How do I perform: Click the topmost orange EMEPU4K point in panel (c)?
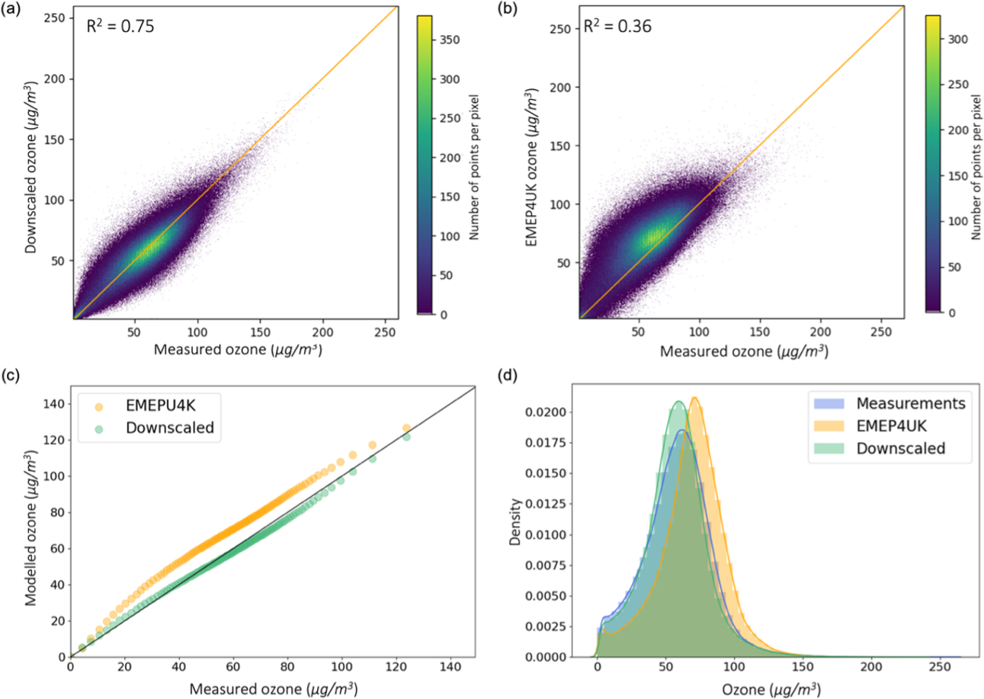(x=406, y=428)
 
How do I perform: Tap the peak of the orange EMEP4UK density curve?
(x=694, y=398)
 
